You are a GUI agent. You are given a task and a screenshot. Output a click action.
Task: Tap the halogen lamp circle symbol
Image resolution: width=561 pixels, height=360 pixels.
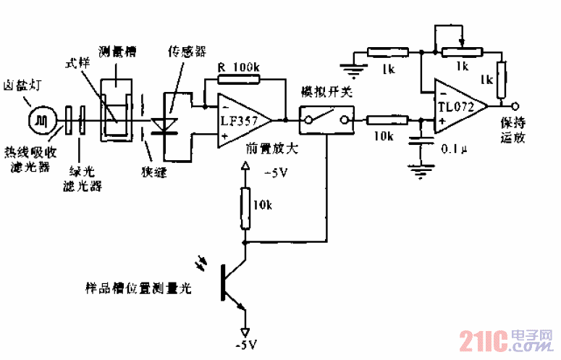pos(42,119)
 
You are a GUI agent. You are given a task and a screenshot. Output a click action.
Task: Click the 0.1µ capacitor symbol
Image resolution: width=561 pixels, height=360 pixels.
pos(418,146)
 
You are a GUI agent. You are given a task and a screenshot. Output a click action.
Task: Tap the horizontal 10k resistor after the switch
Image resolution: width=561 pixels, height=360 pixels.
pos(382,120)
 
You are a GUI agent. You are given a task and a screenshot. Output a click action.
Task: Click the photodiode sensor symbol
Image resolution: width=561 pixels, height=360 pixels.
pos(172,120)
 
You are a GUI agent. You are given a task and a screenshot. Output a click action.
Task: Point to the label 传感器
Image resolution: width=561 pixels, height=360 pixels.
pos(187,52)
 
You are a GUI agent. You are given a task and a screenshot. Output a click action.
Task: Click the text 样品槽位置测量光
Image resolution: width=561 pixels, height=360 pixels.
pos(137,288)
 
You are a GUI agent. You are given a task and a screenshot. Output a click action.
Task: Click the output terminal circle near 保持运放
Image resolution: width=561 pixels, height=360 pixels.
pos(513,104)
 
